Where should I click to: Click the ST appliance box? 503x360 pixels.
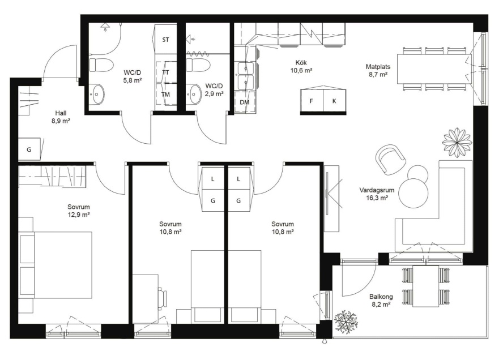point(165,39)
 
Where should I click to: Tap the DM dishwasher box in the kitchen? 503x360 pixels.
point(245,102)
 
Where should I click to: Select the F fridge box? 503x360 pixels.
point(312,101)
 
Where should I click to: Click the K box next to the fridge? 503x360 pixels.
point(334,101)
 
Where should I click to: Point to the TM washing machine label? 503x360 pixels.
point(165,95)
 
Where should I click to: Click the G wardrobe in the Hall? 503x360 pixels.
point(29,149)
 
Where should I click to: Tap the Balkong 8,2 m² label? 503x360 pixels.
point(381,301)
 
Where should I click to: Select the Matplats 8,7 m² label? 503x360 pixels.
point(378,71)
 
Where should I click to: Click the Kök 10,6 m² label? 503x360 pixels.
point(301,66)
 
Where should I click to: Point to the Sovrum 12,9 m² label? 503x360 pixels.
point(79,211)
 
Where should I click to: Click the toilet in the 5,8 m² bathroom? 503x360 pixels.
point(101,65)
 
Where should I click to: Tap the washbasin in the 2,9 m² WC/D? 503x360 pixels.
point(194,94)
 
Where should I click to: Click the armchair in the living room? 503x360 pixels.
point(390,158)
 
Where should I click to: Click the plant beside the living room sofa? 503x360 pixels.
point(457,142)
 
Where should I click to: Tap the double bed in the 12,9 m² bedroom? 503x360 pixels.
point(55,265)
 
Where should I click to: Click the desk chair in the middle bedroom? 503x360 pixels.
point(163,299)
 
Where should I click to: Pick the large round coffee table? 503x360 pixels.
point(414,194)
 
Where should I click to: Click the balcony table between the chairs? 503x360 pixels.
point(425,286)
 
